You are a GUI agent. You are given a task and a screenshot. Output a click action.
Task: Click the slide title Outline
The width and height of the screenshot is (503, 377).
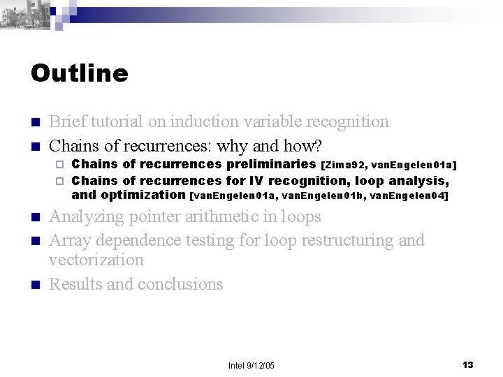[80, 73]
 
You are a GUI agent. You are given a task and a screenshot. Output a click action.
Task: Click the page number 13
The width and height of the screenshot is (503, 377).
[468, 365]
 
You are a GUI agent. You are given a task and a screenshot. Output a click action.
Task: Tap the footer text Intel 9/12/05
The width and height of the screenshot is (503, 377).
[251, 366]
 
